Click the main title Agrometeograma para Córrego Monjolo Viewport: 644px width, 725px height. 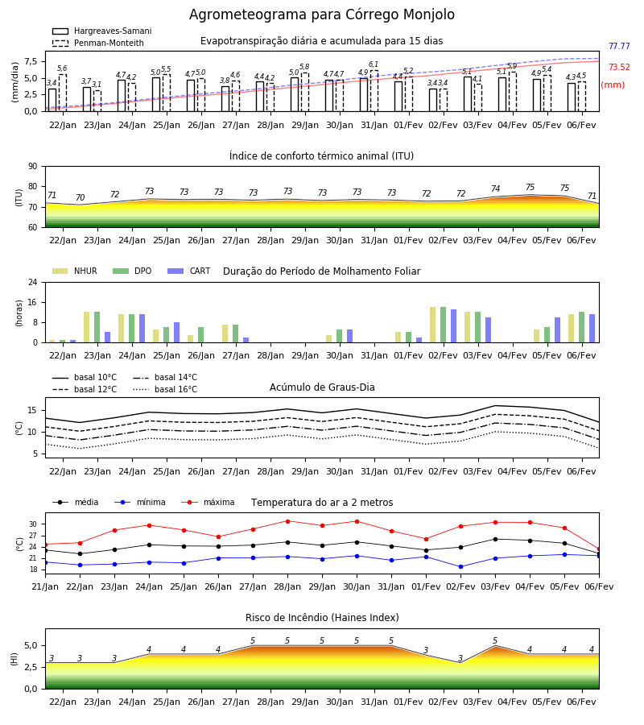pos(321,14)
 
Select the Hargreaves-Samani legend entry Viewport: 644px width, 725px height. pos(101,31)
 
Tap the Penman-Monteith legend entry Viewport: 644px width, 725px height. pos(98,43)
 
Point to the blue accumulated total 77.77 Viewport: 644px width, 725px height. pos(619,46)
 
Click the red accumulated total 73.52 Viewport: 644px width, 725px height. pos(619,67)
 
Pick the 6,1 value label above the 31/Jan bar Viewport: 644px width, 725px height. pos(374,64)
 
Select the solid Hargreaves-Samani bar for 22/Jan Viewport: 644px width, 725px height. pos(52,100)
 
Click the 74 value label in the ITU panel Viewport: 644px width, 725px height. pos(495,188)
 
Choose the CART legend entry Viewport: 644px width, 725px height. pos(189,271)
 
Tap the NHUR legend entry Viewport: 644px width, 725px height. pos(75,271)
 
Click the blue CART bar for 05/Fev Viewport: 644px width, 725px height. pos(558,330)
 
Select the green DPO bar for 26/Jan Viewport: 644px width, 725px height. pos(201,335)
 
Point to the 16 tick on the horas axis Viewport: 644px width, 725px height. pos(33,302)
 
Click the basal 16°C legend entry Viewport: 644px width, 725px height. pos(165,389)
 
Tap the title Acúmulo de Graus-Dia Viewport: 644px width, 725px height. pos(322,387)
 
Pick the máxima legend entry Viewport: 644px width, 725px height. pos(208,502)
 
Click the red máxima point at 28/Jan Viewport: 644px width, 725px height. pos(288,521)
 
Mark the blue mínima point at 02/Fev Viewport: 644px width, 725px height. pos(460,567)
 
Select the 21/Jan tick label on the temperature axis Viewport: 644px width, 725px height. pos(45,586)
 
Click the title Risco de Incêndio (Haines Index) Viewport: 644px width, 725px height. pos(322,618)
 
